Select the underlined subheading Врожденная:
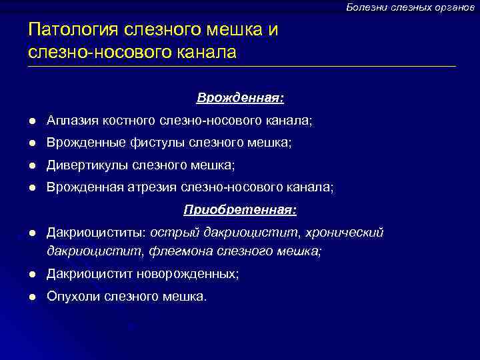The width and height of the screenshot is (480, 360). pyautogui.click(x=240, y=98)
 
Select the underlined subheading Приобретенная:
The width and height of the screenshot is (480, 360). pyautogui.click(x=240, y=210)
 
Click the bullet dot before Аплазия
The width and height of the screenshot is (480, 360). pyautogui.click(x=31, y=121)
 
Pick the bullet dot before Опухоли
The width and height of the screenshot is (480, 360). pyautogui.click(x=31, y=297)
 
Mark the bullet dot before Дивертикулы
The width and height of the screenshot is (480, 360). pyautogui.click(x=31, y=165)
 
